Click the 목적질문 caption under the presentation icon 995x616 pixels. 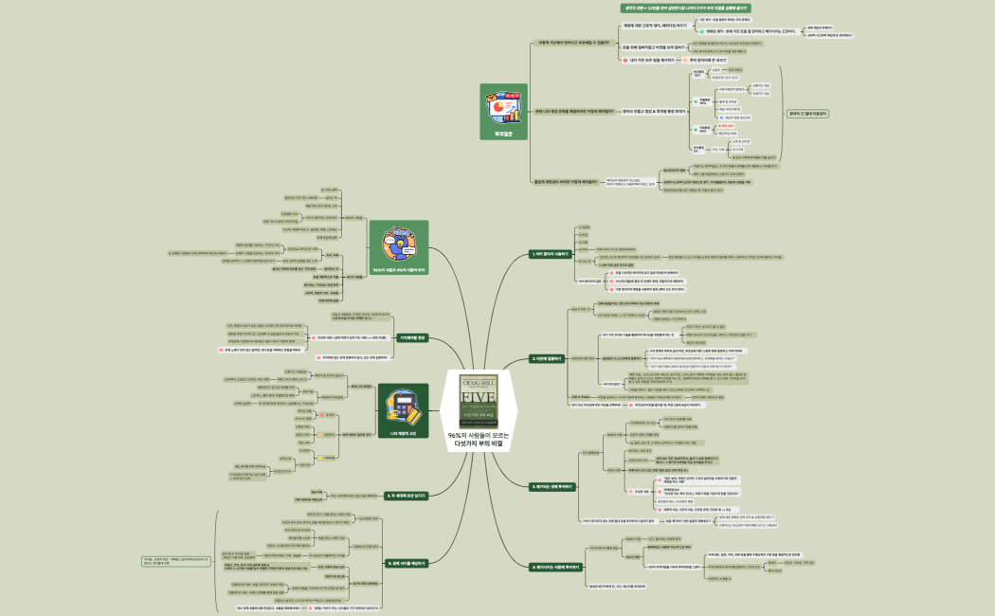tap(502, 134)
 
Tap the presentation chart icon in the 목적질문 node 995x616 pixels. tap(502, 108)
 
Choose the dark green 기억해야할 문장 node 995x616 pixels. tap(408, 336)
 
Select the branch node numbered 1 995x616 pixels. tap(550, 254)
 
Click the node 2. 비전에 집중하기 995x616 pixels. tap(550, 359)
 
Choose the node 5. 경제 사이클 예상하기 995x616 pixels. tap(408, 562)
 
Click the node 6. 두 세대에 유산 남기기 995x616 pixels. tap(408, 495)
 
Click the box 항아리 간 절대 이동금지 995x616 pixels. tap(807, 113)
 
